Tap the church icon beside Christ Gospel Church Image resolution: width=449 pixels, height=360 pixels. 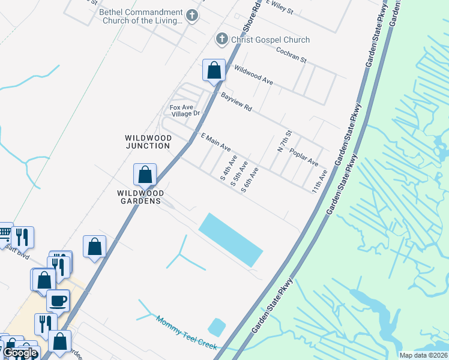221,40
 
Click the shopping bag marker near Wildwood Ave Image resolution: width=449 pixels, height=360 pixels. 214,71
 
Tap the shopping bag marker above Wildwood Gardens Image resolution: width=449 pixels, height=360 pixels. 145,175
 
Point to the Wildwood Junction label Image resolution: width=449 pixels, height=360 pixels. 148,142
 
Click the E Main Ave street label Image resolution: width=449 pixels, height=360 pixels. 215,142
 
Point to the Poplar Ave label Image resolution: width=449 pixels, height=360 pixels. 303,157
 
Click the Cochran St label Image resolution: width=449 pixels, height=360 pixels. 292,56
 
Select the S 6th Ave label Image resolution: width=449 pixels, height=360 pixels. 250,180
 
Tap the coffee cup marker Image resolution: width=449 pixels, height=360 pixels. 58,301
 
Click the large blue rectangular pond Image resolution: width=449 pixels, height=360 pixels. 231,239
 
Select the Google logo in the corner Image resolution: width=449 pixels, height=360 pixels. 20,353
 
